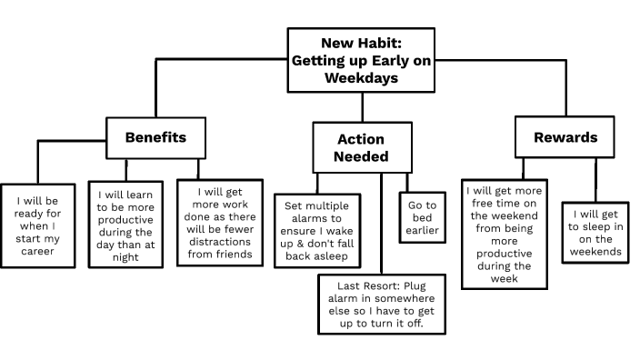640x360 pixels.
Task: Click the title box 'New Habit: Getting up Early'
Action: tap(361, 60)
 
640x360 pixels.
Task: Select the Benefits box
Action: tap(155, 138)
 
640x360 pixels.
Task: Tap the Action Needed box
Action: tap(361, 148)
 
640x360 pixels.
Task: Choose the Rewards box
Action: tap(565, 138)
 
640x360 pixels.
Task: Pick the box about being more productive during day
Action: tap(126, 225)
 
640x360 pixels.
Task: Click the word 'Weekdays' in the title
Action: tap(361, 78)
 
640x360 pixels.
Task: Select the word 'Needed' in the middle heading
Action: tap(361, 156)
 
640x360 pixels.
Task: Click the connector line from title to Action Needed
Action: tap(361, 106)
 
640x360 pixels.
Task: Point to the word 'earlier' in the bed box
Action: tap(421, 232)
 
